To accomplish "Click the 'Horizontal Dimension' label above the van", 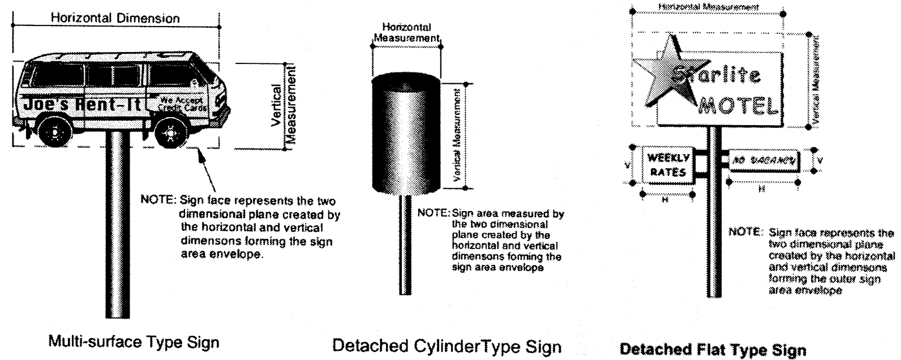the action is (x=115, y=18).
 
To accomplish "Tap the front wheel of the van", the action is (x=169, y=133).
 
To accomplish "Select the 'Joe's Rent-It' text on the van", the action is (x=82, y=104).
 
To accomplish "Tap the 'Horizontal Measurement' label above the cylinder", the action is (x=406, y=33).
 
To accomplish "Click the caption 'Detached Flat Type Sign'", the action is (x=713, y=350).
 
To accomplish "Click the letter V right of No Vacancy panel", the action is (x=820, y=160).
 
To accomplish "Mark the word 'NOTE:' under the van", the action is (x=158, y=200).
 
